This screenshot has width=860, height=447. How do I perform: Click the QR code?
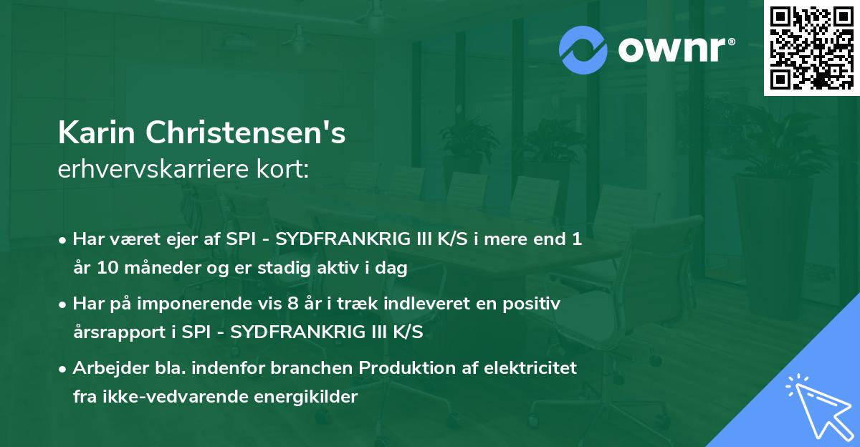tap(811, 48)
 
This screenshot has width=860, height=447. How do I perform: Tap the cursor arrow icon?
tap(817, 405)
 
